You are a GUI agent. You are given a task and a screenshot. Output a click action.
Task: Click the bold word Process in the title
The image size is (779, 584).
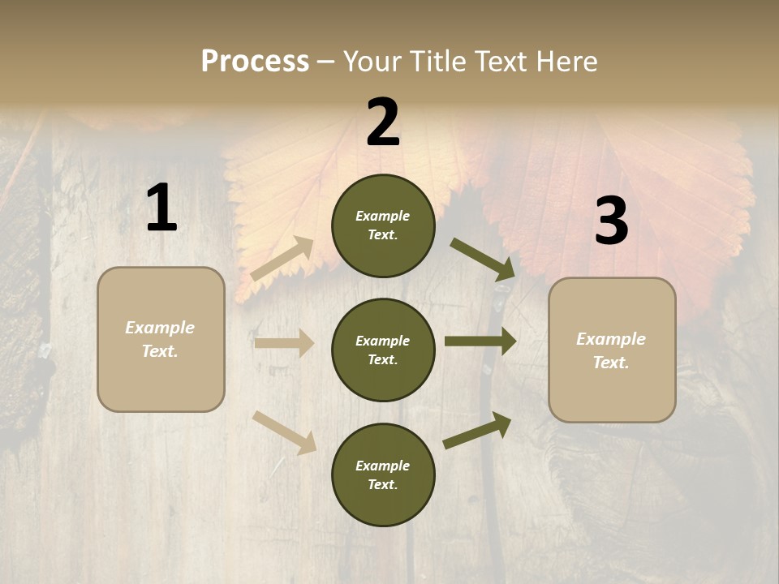[255, 62]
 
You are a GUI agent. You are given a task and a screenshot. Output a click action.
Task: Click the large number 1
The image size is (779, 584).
[161, 208]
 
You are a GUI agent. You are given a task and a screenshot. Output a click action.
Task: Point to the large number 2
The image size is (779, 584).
[383, 122]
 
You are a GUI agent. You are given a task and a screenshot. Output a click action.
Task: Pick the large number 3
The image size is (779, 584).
[611, 221]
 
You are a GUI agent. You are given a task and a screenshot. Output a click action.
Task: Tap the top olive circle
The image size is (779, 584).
[383, 225]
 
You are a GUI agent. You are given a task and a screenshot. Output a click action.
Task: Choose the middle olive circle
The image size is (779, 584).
[383, 350]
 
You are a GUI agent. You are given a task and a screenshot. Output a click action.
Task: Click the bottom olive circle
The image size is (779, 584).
[383, 474]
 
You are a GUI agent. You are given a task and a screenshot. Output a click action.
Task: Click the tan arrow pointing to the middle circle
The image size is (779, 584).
[284, 343]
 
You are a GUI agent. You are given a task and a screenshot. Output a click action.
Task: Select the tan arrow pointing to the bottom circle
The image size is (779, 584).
[284, 432]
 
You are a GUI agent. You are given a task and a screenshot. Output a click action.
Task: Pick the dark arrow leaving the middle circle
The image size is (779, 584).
[480, 341]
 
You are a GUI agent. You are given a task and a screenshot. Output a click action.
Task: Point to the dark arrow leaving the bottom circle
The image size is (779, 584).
[477, 430]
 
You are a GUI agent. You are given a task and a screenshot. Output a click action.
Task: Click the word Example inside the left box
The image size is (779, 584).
[160, 328]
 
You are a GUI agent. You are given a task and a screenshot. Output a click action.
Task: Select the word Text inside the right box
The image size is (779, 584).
[610, 363]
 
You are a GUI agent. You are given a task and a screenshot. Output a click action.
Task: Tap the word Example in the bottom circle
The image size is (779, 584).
[382, 466]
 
